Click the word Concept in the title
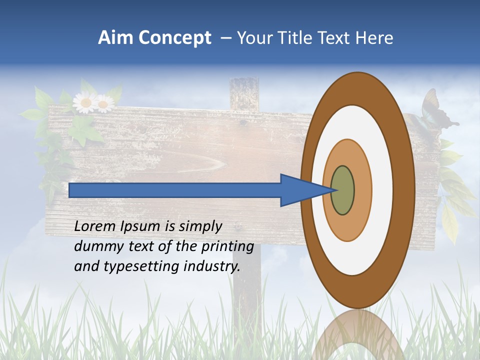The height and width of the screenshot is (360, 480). coord(175,38)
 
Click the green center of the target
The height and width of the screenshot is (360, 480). coord(342,190)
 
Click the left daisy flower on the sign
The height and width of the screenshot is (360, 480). coord(85,103)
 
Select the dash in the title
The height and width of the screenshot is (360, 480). coord(224,38)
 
